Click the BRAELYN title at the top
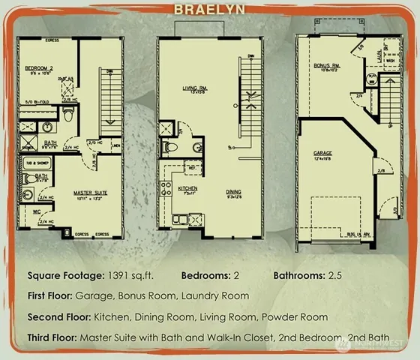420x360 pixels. coord(210,10)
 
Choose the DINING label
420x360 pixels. coord(233,192)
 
